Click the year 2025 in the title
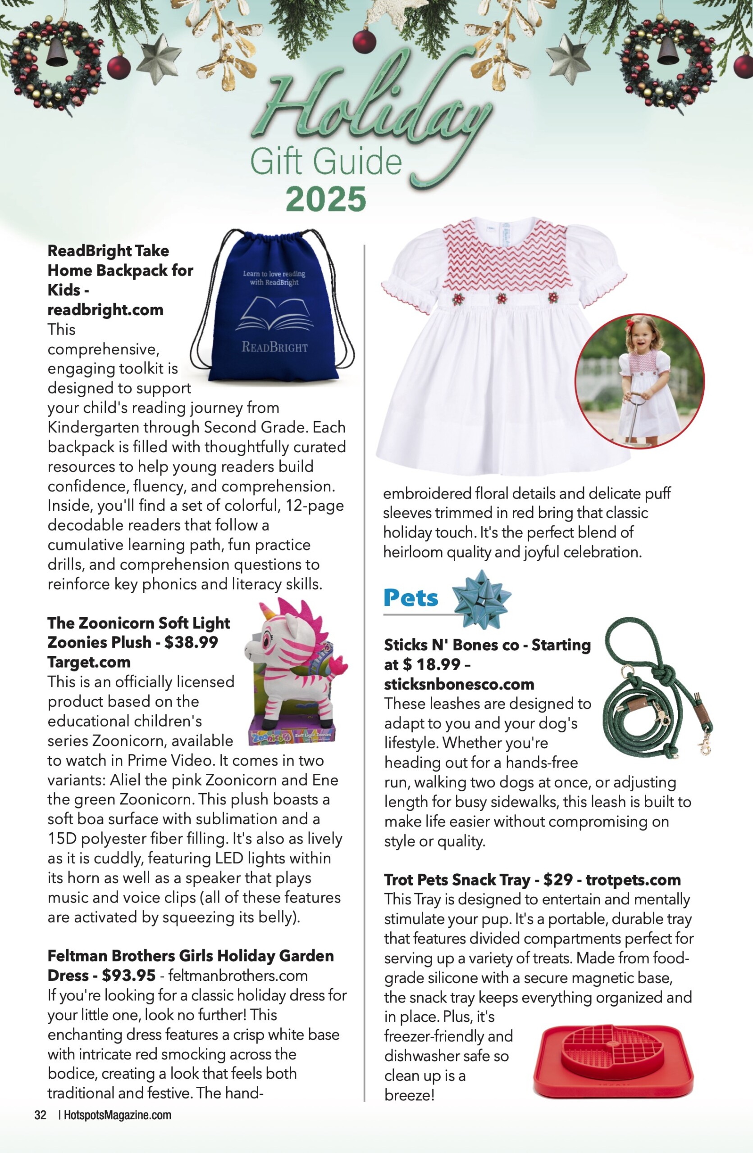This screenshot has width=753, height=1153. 326,200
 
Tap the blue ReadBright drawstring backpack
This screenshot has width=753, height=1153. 274,310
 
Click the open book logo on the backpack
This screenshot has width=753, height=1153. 274,315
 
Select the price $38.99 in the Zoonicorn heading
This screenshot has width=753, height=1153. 191,642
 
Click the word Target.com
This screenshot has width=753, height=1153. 89,662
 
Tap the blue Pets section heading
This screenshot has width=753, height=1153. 411,598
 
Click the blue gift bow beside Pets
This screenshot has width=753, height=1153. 481,599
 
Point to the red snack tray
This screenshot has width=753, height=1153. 613,1061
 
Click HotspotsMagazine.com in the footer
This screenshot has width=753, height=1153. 117,1115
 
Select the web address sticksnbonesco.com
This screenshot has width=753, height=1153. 459,685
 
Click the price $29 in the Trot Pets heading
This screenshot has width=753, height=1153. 558,880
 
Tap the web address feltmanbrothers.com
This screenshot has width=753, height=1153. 238,976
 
